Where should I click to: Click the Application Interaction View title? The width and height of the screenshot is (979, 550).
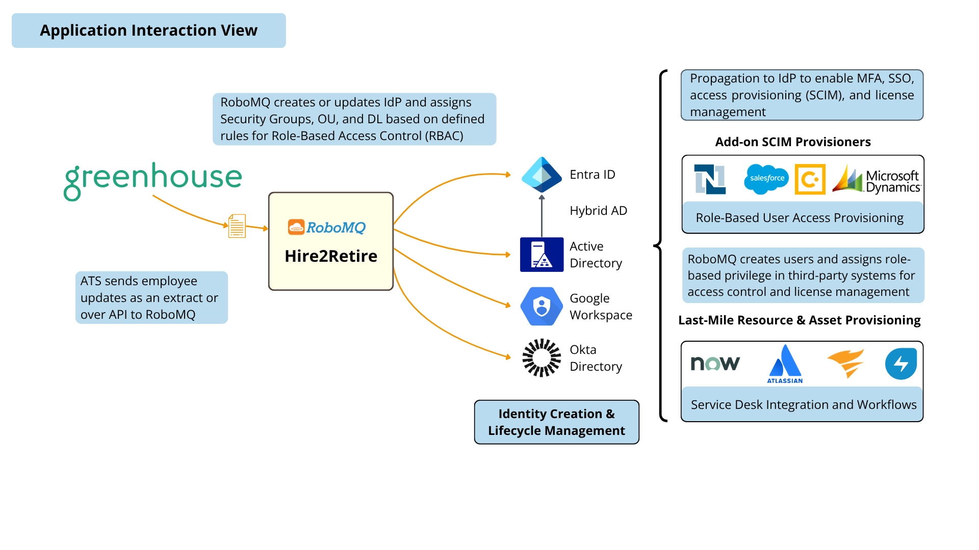[x=148, y=31]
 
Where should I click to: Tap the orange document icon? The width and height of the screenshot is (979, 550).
[x=237, y=226]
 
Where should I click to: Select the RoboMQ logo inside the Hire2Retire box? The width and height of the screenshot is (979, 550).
[x=327, y=227]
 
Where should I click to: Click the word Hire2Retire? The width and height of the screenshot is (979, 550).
[x=331, y=256]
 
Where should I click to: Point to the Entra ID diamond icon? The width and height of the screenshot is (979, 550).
[x=542, y=175]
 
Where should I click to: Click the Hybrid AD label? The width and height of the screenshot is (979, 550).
[x=598, y=211]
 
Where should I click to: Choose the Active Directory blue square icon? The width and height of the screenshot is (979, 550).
[x=542, y=255]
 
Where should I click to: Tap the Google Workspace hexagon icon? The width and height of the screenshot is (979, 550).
[x=542, y=307]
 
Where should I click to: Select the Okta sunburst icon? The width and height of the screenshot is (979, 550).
[x=542, y=358]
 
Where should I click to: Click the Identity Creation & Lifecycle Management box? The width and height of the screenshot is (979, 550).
[x=556, y=422]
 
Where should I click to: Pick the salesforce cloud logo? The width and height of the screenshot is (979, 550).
[x=766, y=179]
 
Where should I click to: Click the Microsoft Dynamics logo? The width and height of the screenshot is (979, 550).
[x=877, y=180]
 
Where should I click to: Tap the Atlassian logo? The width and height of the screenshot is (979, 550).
[x=785, y=364]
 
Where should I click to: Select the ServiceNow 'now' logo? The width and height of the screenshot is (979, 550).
[x=715, y=363]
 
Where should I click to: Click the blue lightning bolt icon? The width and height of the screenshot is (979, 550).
[x=901, y=363]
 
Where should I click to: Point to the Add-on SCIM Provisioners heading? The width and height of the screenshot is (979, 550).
[x=793, y=142]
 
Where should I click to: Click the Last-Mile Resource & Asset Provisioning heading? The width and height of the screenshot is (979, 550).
[x=799, y=320]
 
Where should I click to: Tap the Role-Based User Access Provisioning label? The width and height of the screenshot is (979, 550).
[x=799, y=218]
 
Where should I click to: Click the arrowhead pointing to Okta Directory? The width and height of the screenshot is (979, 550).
[x=508, y=357]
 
